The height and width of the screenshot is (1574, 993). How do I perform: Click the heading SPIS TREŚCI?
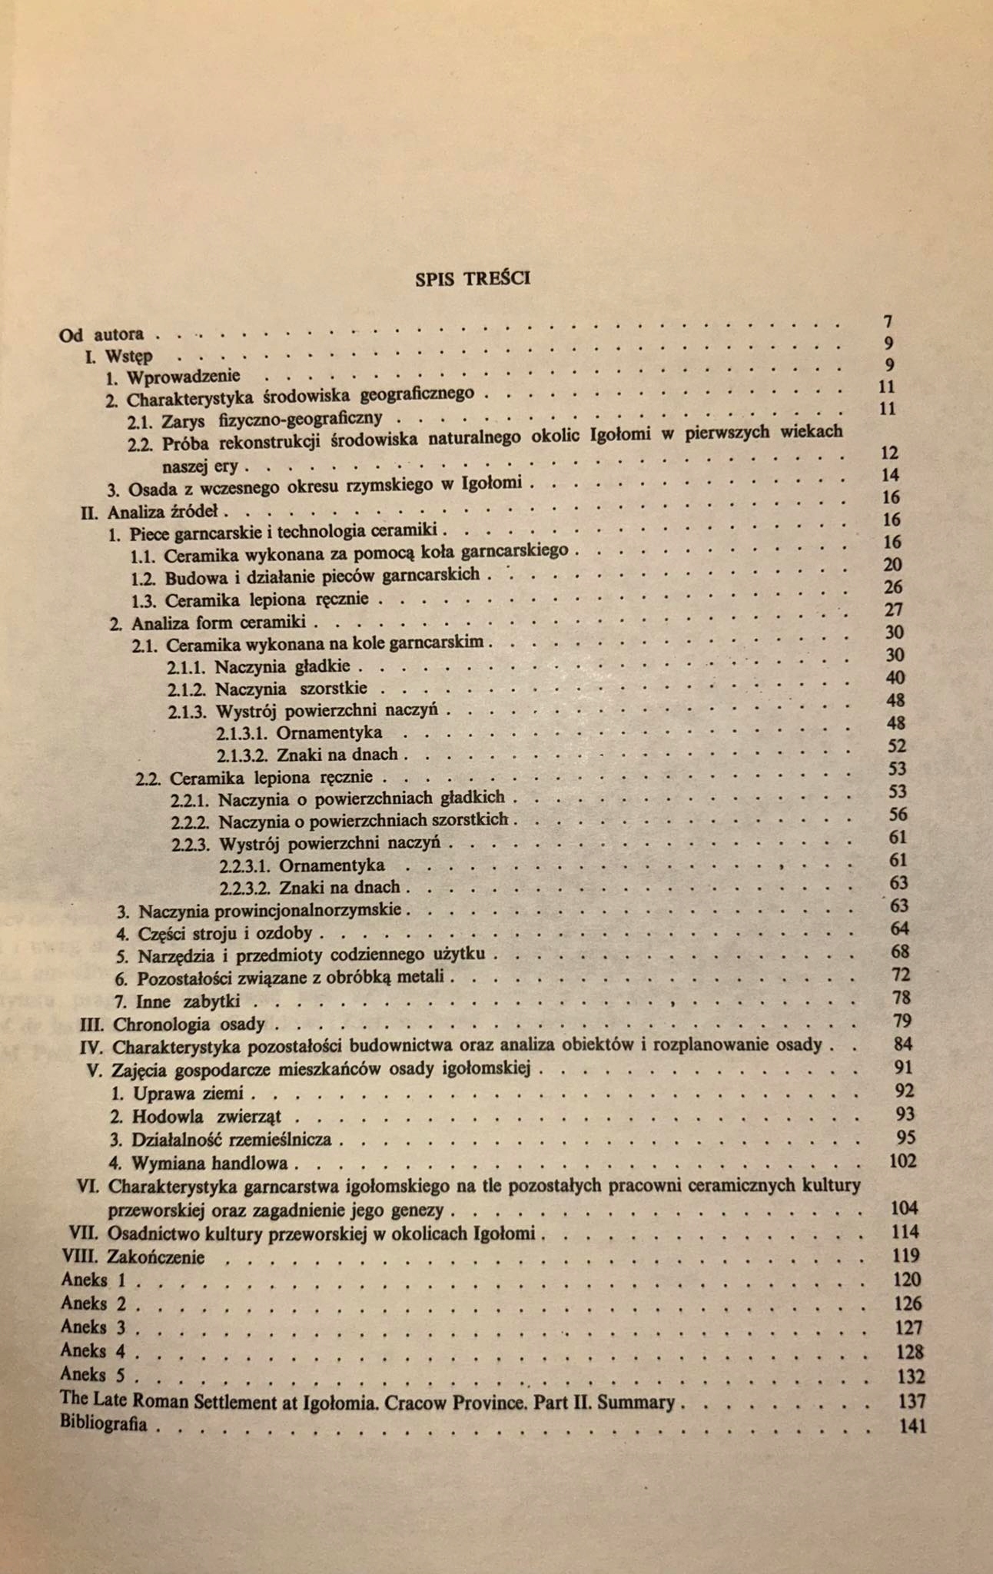click(472, 278)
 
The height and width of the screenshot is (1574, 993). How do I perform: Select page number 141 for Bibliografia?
click(912, 1426)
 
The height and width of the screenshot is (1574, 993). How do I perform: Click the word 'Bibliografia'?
click(104, 1423)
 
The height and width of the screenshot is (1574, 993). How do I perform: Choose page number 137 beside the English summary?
click(912, 1402)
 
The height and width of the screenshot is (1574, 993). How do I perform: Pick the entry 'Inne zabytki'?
click(188, 1001)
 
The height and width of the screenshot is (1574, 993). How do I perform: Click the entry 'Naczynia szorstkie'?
click(291, 689)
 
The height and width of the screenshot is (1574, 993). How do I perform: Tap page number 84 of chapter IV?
click(903, 1044)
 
